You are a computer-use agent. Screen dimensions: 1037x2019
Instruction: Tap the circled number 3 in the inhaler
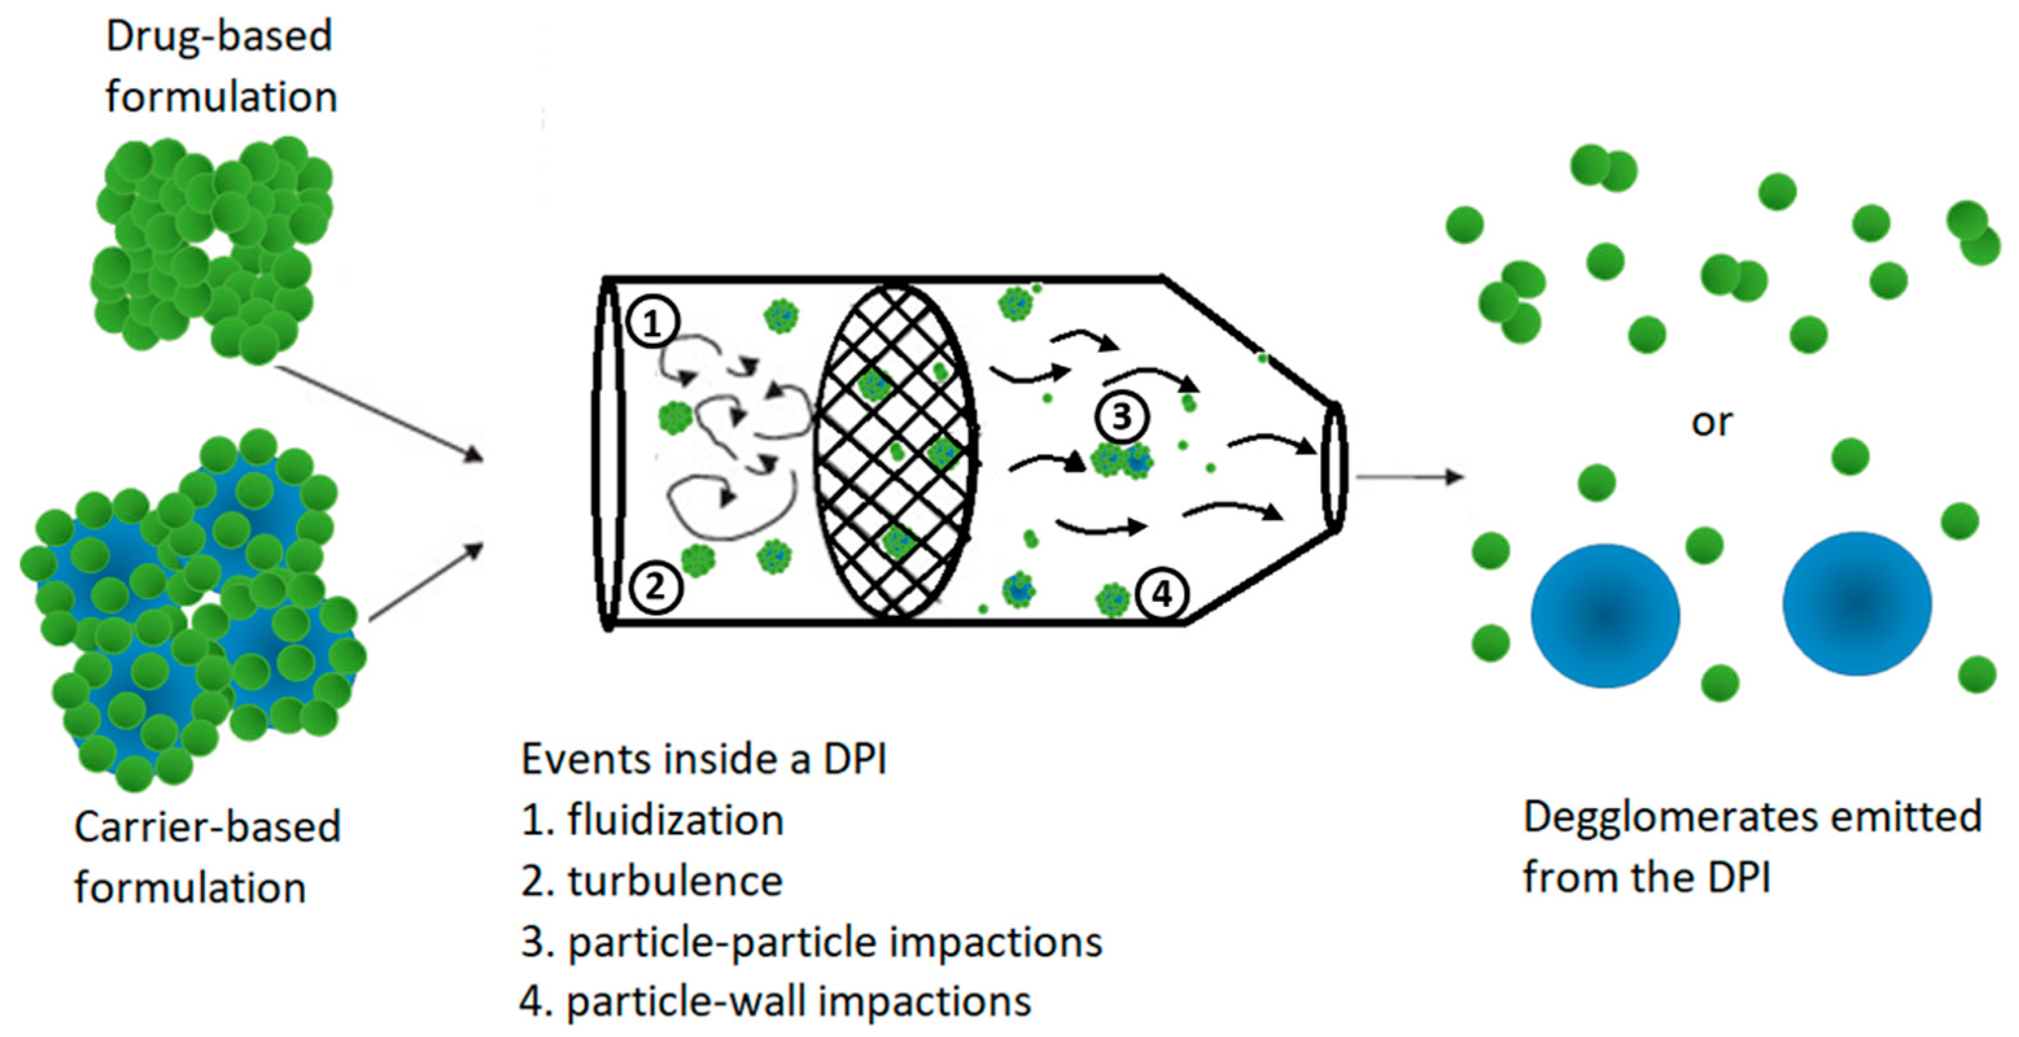coord(1122,416)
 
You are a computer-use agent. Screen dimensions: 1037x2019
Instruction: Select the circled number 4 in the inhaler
coord(1162,594)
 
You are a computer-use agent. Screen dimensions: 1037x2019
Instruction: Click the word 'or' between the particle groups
coord(1711,423)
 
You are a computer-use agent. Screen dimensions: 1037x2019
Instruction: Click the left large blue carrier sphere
coord(1605,615)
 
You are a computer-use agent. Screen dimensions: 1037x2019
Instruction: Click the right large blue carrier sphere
coord(1856,604)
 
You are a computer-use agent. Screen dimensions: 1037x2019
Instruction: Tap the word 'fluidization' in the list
coord(676,820)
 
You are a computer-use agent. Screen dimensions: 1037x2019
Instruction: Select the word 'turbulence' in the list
coord(676,881)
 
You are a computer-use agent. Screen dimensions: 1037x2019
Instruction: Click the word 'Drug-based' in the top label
coord(218,36)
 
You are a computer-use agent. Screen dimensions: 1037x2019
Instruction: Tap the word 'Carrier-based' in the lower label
coord(207,826)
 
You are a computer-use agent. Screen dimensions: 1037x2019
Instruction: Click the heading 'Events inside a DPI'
coord(703,759)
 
